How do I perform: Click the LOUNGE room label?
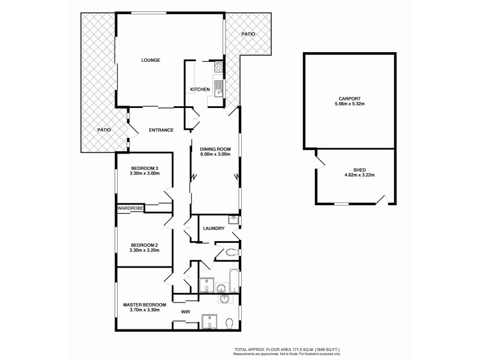(x=151, y=60)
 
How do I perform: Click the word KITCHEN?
(x=200, y=89)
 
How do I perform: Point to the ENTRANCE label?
(x=161, y=130)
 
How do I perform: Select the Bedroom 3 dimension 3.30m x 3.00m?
(x=144, y=173)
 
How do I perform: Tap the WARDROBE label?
(x=130, y=208)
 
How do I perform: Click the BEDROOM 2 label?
(x=144, y=244)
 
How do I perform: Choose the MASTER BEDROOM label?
(x=144, y=305)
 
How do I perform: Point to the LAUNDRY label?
(x=214, y=228)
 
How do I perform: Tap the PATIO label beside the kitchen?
(x=248, y=34)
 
